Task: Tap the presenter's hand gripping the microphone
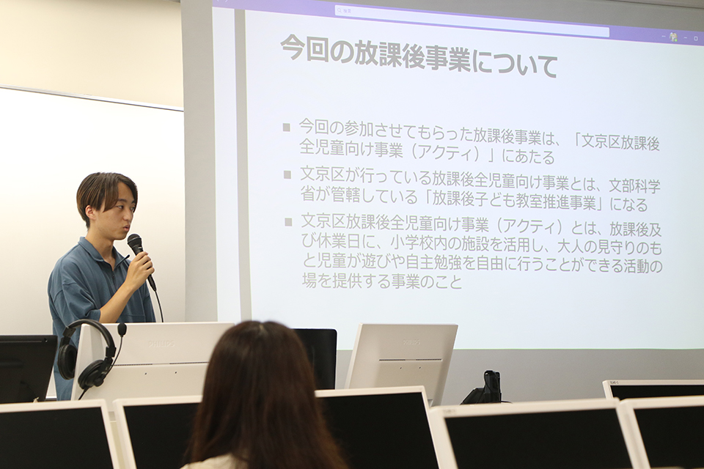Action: click(x=140, y=268)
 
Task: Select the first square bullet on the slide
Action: click(x=287, y=128)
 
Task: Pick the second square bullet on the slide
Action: click(x=287, y=174)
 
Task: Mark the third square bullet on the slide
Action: click(x=288, y=222)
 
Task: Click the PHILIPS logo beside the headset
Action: click(x=161, y=344)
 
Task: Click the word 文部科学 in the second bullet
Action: click(x=634, y=186)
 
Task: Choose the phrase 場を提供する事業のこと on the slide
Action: click(x=382, y=281)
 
